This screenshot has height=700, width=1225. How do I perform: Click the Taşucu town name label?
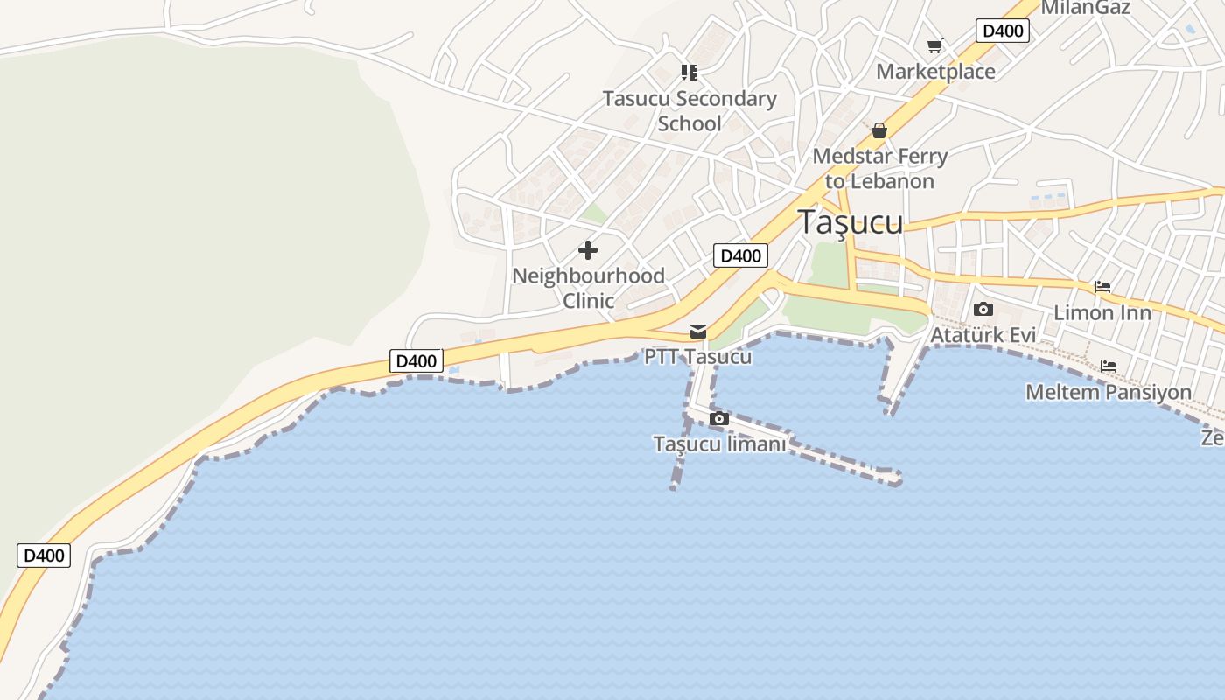pos(850,222)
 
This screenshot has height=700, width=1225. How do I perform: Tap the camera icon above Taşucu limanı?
pos(719,419)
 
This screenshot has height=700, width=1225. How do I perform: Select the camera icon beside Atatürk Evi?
pos(983,310)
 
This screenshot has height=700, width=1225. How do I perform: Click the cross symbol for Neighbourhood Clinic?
pos(588,251)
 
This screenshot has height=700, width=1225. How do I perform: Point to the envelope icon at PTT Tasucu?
pos(698,332)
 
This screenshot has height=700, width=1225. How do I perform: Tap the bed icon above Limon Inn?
pos(1102,287)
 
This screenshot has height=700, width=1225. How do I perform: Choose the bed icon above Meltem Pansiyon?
pos(1109,367)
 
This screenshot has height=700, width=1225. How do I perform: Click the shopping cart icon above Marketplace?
pos(935,46)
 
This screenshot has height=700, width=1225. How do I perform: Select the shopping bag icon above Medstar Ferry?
pos(879,131)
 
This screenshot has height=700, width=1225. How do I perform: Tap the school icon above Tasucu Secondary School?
pos(689,73)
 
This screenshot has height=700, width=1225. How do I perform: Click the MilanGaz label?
pos(1085,8)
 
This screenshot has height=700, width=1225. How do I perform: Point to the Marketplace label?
pos(935,72)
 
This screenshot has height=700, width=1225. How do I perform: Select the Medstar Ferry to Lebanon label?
pos(879,169)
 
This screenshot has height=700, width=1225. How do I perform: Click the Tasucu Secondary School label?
pos(689,111)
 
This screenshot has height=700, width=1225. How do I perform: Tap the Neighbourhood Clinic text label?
pos(588,288)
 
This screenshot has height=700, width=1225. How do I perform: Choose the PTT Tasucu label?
pos(698,357)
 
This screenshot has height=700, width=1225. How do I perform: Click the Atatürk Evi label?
pos(983,335)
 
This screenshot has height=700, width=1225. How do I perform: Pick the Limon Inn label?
pos(1102,312)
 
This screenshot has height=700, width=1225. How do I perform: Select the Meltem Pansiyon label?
pos(1109,392)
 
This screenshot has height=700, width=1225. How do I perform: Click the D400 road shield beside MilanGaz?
pos(1002,31)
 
